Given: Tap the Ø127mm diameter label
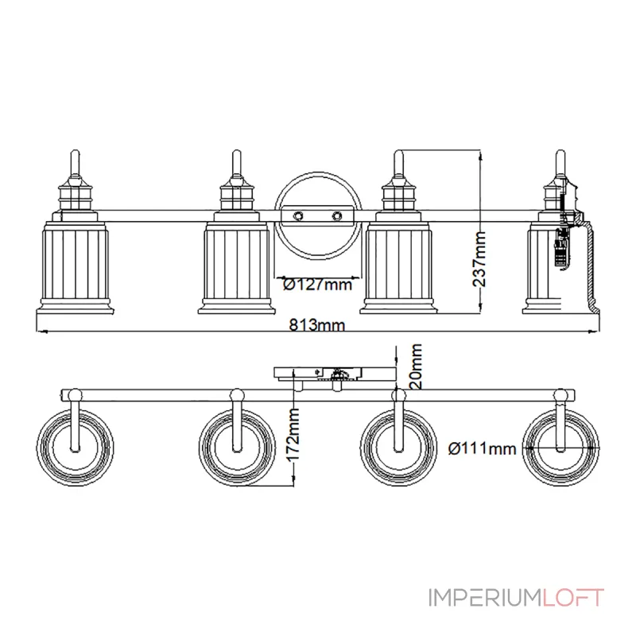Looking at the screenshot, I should [x=317, y=284].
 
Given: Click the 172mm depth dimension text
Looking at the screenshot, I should [x=293, y=437].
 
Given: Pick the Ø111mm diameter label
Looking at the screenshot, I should [x=483, y=448].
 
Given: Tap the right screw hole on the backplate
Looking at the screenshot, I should [x=337, y=215].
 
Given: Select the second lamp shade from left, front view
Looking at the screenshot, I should [x=235, y=266].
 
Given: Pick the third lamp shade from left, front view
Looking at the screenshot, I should [x=397, y=266].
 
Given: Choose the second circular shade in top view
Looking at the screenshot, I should [x=235, y=446].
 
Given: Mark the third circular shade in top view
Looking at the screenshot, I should [x=397, y=446].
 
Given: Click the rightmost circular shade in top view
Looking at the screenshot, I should [x=560, y=446].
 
